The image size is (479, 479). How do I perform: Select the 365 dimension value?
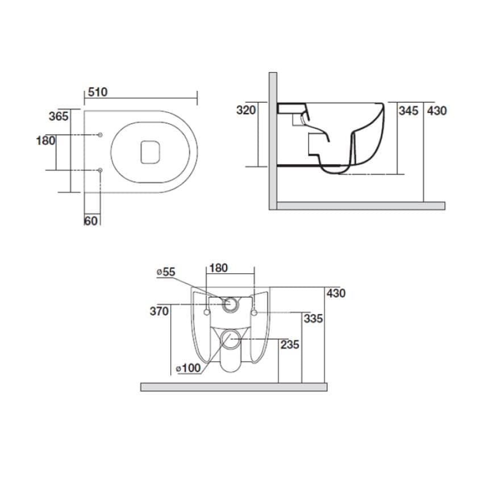[x=59, y=116]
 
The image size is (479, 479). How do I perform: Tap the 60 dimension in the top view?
[x=91, y=220]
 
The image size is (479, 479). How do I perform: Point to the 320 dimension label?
[x=246, y=110]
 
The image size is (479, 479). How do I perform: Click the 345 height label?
[x=408, y=110]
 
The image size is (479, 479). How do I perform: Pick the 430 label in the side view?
[x=436, y=110]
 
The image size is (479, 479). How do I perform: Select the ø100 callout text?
[x=188, y=368]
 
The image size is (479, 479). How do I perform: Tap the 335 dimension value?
[x=313, y=319]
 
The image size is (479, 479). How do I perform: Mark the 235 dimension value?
[x=289, y=345]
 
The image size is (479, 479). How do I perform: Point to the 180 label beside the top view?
[x=45, y=140]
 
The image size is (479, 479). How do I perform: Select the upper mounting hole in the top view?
[x=100, y=135]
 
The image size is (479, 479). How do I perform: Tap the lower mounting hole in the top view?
[x=100, y=169]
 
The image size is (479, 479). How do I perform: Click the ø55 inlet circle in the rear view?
[x=231, y=304]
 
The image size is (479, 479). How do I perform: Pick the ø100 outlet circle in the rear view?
[x=231, y=340]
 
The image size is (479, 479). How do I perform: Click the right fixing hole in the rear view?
[x=254, y=312]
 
